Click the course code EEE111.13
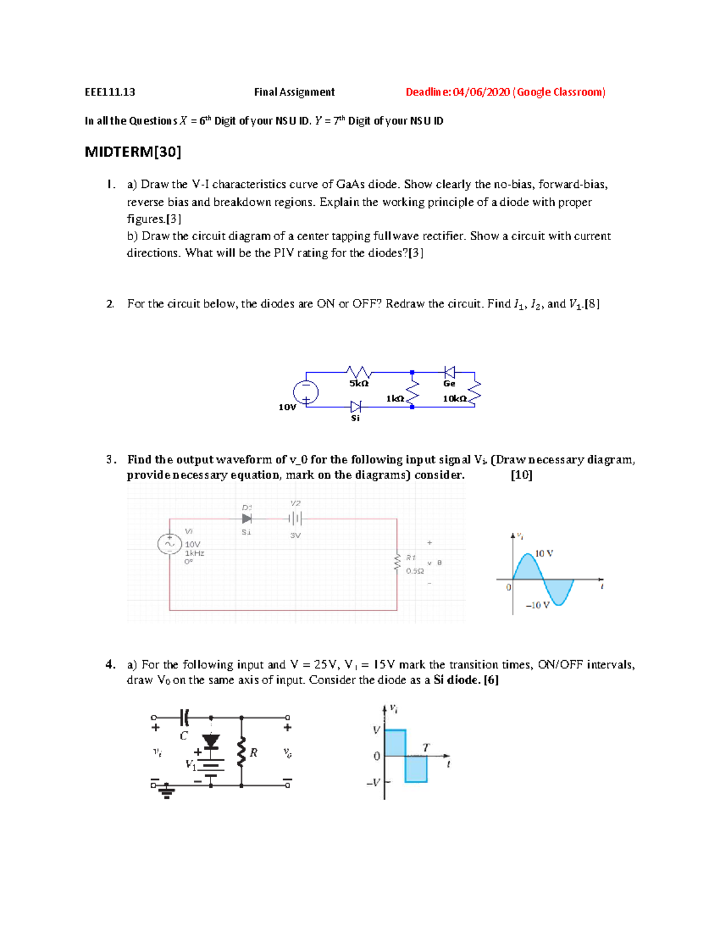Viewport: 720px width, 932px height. pos(110,92)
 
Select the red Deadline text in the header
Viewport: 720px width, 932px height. pos(505,92)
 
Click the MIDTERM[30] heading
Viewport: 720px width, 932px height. pos(133,152)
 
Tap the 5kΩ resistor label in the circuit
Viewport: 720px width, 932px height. pos(359,383)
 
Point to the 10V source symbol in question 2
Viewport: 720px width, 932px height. pos(305,393)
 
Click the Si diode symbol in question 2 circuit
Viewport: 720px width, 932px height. pos(356,407)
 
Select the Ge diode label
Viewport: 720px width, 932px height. pos(449,383)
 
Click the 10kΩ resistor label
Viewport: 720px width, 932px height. pos(455,398)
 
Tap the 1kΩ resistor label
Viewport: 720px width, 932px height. pos(395,398)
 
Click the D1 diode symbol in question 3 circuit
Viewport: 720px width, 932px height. pos(247,519)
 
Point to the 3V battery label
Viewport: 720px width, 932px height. pos(295,535)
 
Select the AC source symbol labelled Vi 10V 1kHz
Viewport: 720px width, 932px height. pos(169,544)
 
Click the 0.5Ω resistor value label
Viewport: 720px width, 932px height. pos(415,571)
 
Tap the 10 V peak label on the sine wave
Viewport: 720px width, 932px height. pos(544,553)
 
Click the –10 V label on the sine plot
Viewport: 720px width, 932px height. pos(538,605)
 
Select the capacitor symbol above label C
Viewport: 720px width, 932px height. pos(184,717)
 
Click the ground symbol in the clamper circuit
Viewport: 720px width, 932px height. pos(167,793)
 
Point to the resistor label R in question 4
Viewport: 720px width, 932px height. pos(254,753)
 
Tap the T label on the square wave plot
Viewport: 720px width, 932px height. pos(426,748)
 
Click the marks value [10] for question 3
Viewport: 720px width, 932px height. pos(521,475)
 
